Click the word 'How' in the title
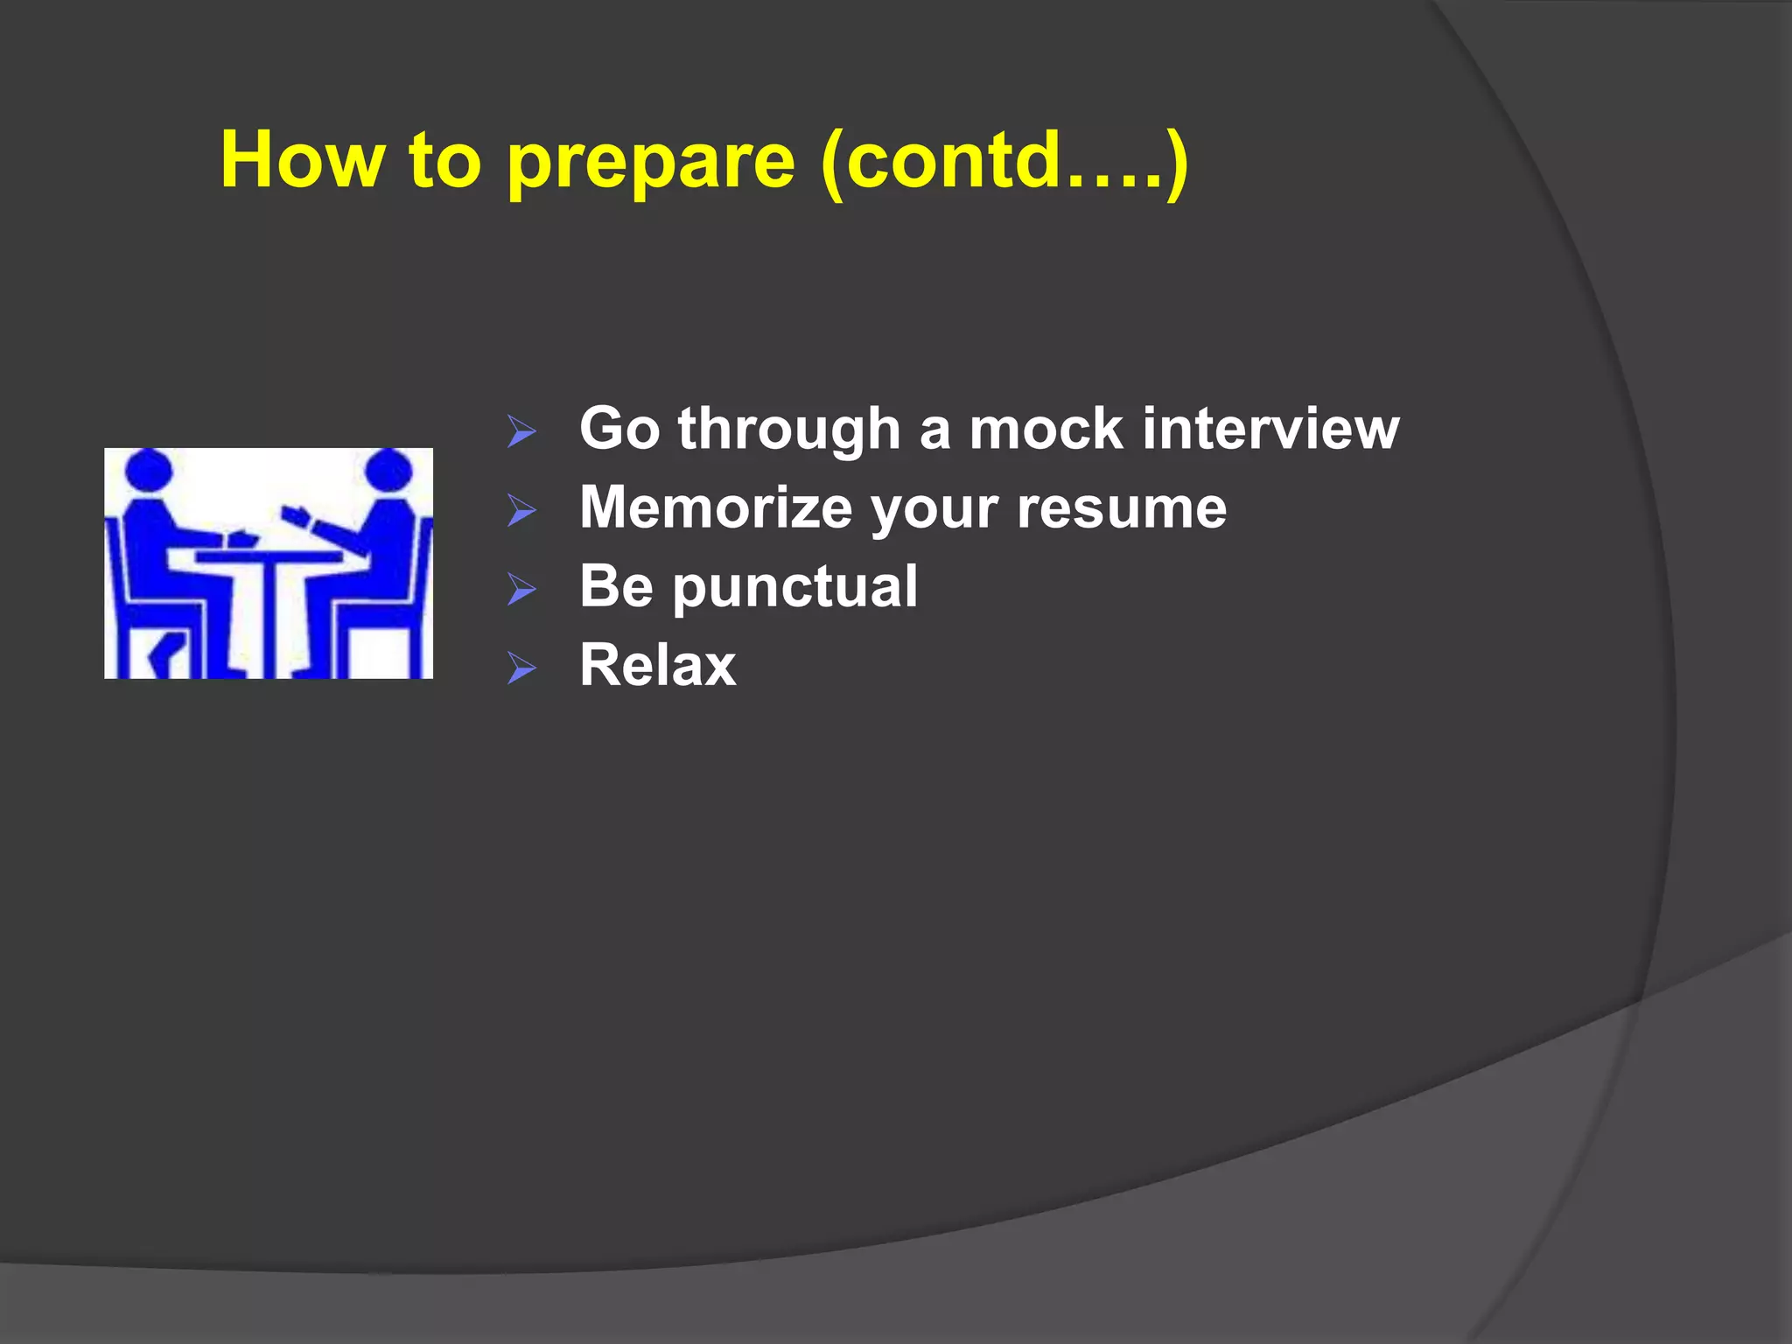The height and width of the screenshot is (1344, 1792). click(x=302, y=159)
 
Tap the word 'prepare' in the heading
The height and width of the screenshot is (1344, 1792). click(x=651, y=163)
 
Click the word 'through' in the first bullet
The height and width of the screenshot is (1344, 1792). click(x=788, y=431)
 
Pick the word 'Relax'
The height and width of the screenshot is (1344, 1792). click(x=657, y=665)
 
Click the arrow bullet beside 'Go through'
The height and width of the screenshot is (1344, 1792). click(x=521, y=431)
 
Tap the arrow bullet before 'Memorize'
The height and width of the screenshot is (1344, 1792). click(x=521, y=510)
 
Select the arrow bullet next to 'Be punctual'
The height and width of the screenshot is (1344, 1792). click(x=521, y=589)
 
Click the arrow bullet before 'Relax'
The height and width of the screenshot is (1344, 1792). click(x=521, y=668)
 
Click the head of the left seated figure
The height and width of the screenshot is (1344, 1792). click(x=148, y=471)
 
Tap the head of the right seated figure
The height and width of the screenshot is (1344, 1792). click(x=388, y=471)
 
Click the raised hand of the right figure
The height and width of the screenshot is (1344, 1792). click(x=294, y=513)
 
